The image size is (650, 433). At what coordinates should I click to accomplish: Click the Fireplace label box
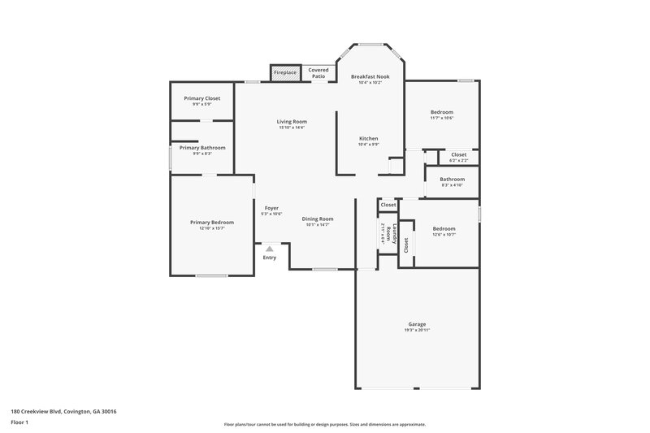click(285, 73)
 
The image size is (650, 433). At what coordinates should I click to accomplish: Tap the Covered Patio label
click(318, 73)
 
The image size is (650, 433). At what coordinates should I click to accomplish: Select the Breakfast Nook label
click(370, 76)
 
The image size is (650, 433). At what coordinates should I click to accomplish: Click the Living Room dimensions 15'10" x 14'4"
click(292, 128)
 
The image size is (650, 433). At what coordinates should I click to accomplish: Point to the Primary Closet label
click(201, 98)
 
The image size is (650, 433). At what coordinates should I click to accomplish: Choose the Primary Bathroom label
click(202, 148)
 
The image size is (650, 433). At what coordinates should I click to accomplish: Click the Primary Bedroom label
click(211, 223)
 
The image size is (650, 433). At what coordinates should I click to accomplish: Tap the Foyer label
click(271, 208)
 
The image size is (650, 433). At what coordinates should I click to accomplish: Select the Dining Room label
click(318, 219)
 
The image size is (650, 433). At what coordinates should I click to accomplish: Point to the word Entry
click(270, 258)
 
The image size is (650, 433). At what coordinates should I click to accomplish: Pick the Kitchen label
click(369, 139)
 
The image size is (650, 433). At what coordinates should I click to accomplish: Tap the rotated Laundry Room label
click(392, 234)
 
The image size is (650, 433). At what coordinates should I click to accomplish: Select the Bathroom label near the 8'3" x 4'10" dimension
click(452, 180)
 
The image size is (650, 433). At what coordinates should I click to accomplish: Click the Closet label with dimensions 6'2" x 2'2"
click(458, 154)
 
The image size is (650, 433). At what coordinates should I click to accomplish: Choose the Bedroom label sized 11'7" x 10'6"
click(442, 112)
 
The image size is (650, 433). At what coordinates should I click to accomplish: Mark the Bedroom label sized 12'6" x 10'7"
click(444, 229)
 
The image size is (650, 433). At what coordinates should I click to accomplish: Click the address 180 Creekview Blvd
click(63, 412)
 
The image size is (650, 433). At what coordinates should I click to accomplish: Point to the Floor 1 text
click(20, 423)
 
